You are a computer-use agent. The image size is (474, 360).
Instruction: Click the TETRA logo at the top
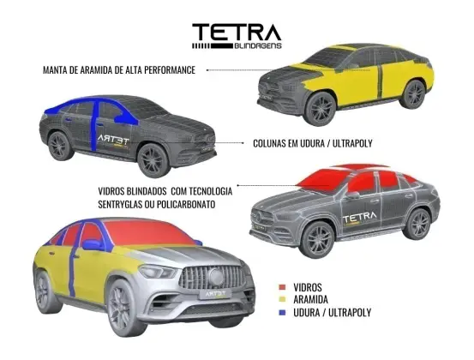pos(237,36)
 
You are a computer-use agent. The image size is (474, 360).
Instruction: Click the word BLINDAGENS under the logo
pos(258,46)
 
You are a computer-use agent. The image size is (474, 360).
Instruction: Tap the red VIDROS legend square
pos(282,287)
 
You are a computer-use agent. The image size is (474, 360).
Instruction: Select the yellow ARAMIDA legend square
pos(282,299)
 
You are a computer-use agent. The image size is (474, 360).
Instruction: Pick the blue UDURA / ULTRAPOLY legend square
pos(282,313)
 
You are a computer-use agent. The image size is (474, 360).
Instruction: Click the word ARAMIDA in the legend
pos(310,299)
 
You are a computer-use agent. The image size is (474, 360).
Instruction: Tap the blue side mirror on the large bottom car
pos(93,245)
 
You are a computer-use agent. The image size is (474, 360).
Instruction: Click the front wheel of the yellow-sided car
pos(320,109)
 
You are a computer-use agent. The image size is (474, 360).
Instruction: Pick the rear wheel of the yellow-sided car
pos(413,94)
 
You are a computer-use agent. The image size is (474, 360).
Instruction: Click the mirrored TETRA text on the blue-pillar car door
pos(114,140)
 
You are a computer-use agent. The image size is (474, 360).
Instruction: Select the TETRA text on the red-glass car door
pos(360,217)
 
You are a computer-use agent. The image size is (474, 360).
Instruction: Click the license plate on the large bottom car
pos(215,293)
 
